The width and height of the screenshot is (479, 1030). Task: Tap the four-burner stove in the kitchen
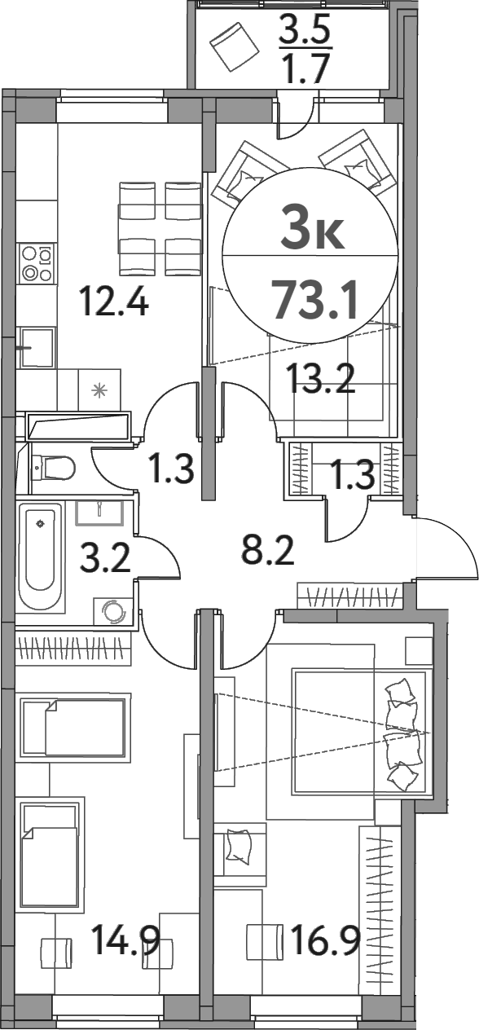pyautogui.click(x=37, y=264)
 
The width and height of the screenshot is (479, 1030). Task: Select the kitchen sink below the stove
pyautogui.click(x=37, y=348)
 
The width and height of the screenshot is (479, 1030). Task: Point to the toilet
pyautogui.click(x=53, y=468)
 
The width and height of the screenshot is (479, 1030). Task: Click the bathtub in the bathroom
pyautogui.click(x=40, y=558)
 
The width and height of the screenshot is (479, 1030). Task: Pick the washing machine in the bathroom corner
pyautogui.click(x=110, y=610)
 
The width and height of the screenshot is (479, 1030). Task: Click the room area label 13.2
pyautogui.click(x=322, y=377)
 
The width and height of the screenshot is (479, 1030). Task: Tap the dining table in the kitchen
pyautogui.click(x=160, y=229)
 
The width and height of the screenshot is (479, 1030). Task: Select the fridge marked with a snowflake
pyautogui.click(x=99, y=390)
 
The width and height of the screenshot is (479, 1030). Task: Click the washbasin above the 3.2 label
pyautogui.click(x=99, y=513)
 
